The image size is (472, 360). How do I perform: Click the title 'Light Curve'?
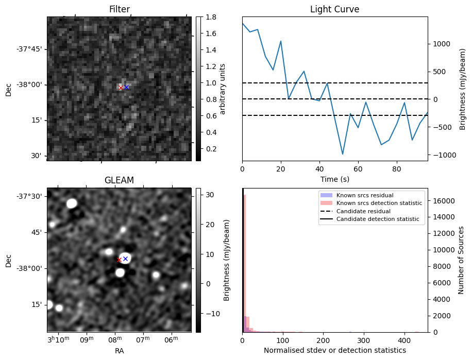coord(334,9)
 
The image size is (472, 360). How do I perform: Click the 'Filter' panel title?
coord(119,9)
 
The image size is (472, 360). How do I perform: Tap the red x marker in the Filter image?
coord(121,88)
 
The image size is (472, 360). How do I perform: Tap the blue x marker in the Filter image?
coord(126,87)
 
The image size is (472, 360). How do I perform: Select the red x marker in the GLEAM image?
coord(119,260)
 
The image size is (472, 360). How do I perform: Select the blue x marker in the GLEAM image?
coord(125,259)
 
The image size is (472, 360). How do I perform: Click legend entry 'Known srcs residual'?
coord(364,195)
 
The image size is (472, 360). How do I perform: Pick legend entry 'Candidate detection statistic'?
coord(378,219)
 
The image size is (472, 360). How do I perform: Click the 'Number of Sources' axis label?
coord(462,260)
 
